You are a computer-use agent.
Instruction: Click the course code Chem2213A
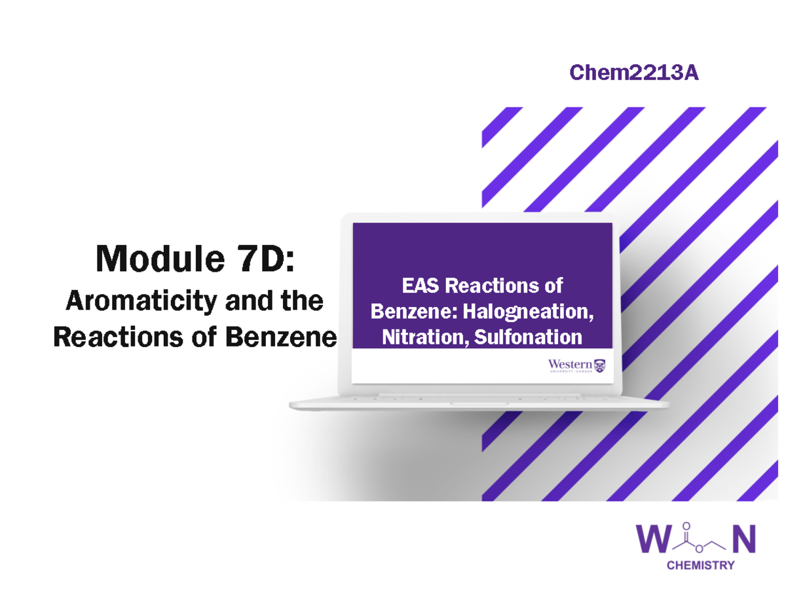click(633, 73)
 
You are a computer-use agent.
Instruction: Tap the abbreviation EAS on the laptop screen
click(421, 286)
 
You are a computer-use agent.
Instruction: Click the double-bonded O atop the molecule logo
click(686, 525)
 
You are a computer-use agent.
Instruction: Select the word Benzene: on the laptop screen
click(414, 312)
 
